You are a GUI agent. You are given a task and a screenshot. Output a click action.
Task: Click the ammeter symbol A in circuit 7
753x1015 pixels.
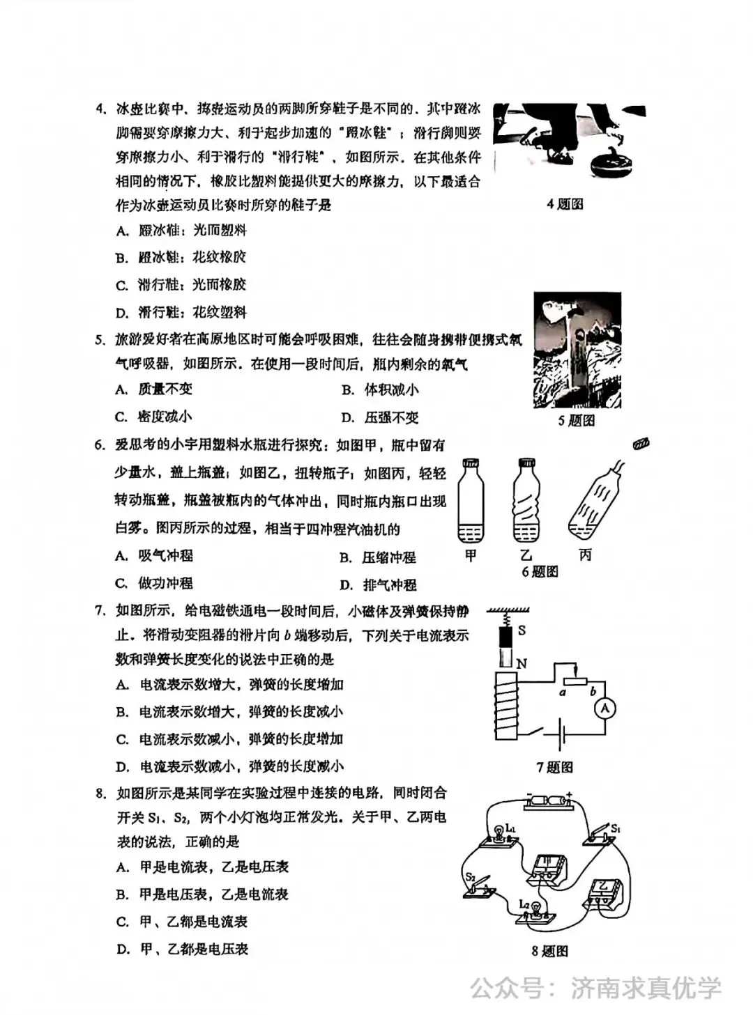click(x=605, y=708)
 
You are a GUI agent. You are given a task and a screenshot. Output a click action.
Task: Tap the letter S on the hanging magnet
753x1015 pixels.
click(x=522, y=630)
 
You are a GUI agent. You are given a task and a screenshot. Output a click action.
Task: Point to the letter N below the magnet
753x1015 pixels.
click(x=521, y=664)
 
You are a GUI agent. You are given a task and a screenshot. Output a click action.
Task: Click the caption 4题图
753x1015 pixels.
click(x=565, y=204)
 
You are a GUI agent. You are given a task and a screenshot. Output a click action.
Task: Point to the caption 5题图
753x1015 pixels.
click(x=576, y=421)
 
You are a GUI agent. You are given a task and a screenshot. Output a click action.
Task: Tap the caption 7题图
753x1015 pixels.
click(x=554, y=767)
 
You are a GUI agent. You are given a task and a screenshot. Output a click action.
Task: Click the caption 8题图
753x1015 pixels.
click(x=549, y=951)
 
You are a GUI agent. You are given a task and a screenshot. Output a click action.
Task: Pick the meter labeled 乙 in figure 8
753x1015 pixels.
click(x=603, y=892)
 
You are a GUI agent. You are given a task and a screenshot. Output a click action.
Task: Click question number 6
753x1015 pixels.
click(x=100, y=445)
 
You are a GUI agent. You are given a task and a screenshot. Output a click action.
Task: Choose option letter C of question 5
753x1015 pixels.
click(x=121, y=417)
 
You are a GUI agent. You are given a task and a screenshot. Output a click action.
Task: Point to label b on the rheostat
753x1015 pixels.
click(x=593, y=692)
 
